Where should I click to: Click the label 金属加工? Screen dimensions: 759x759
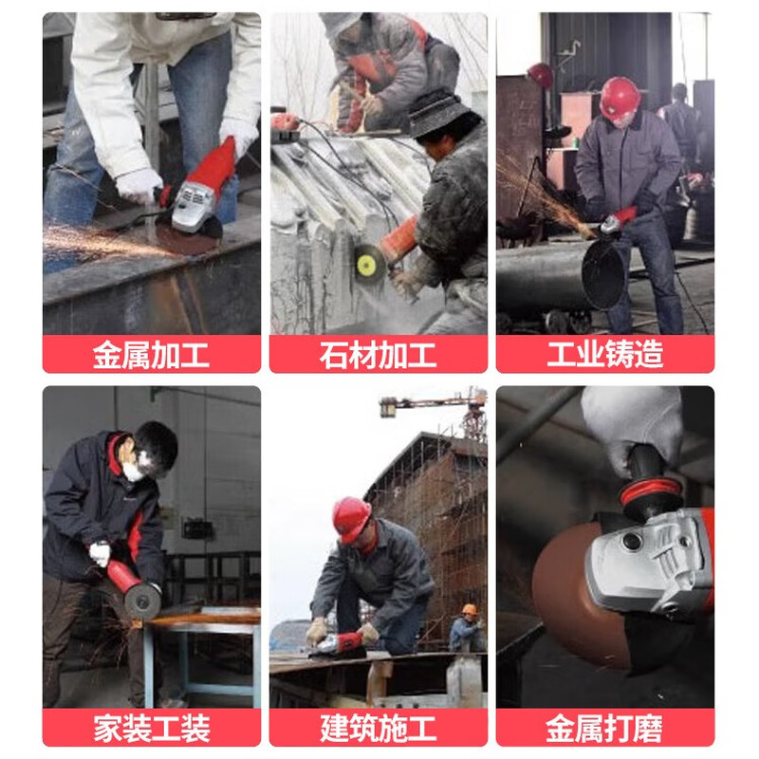(x=151, y=355)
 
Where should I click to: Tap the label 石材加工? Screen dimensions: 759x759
(x=378, y=355)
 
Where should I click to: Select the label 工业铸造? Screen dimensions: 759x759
(x=604, y=355)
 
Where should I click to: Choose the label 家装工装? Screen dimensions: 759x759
(x=151, y=728)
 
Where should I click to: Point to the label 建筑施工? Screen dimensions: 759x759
(x=378, y=728)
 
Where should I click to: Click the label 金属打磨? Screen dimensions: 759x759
(x=604, y=728)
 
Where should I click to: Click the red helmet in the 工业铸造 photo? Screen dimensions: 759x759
(x=620, y=97)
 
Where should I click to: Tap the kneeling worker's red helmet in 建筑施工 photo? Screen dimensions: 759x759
(x=350, y=518)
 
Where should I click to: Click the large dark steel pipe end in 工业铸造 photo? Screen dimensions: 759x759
(x=603, y=274)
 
